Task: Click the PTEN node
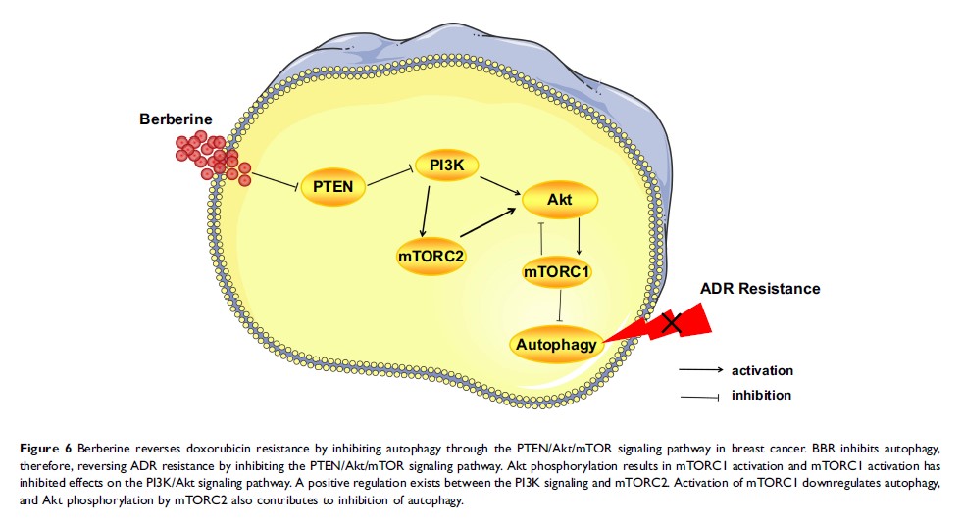pyautogui.click(x=332, y=186)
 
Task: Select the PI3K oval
pyautogui.click(x=446, y=166)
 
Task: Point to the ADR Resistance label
pyautogui.click(x=760, y=289)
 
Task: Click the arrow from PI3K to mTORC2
pyautogui.click(x=425, y=210)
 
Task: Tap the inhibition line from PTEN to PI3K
pyautogui.click(x=391, y=177)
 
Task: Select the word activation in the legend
pyautogui.click(x=762, y=370)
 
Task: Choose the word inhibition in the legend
pyautogui.click(x=761, y=395)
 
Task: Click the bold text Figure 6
pyautogui.click(x=45, y=448)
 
